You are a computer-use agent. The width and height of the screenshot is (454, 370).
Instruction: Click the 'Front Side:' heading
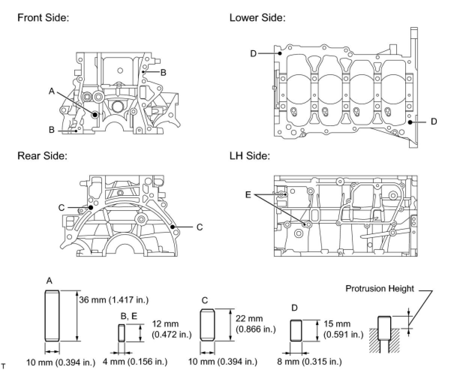click(x=43, y=18)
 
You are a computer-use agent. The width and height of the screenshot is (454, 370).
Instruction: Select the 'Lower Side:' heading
click(x=257, y=18)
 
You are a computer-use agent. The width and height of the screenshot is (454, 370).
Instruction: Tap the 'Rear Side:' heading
click(x=42, y=155)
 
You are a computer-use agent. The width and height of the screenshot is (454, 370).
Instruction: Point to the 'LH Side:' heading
click(x=250, y=155)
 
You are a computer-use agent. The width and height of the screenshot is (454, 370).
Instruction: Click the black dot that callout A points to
click(x=95, y=114)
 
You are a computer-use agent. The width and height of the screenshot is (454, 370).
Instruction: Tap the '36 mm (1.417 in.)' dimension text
click(x=114, y=300)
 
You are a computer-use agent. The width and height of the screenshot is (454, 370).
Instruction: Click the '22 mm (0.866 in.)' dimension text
click(x=256, y=324)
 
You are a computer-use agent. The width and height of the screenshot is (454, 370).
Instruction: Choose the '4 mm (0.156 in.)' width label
click(x=135, y=362)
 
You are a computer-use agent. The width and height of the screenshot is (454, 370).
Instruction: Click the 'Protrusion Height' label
click(x=380, y=289)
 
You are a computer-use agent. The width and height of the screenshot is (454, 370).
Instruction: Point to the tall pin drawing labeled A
click(x=52, y=316)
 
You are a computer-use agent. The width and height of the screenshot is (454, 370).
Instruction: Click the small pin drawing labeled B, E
click(x=122, y=333)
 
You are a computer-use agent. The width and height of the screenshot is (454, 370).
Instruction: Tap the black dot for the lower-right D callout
click(x=410, y=122)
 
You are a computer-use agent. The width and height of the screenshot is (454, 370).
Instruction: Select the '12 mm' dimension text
click(x=165, y=324)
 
